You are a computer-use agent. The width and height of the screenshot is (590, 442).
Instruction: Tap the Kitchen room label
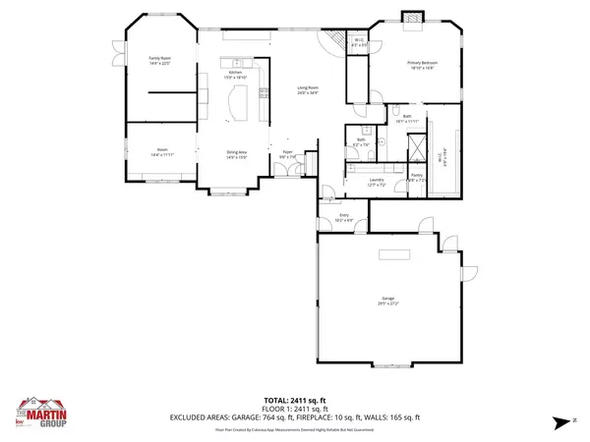coord(235,74)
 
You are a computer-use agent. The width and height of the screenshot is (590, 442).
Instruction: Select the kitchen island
coord(237,101)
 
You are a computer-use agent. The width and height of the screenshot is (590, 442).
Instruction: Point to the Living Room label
coord(308,89)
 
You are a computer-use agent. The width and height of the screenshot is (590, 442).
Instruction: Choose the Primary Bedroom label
coord(421,65)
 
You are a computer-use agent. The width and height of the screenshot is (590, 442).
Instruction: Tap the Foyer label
coord(288,153)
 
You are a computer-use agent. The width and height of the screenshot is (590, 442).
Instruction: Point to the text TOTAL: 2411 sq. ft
coord(294,400)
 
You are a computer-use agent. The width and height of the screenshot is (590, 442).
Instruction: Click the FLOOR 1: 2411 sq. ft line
coord(294,409)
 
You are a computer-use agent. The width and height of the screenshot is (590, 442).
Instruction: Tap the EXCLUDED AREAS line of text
coord(294,417)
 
